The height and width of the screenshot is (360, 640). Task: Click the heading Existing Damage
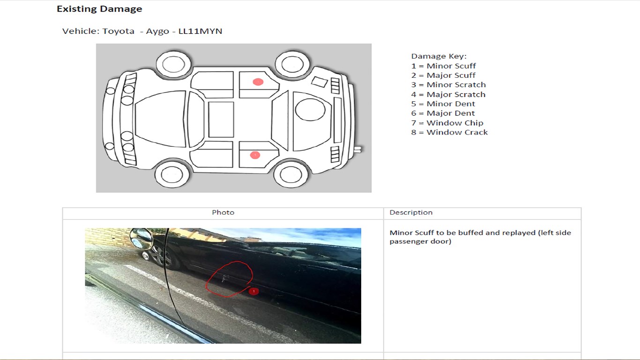pyautogui.click(x=99, y=9)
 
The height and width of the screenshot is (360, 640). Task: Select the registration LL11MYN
pyautogui.click(x=200, y=31)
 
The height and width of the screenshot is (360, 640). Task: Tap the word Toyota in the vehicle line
pyautogui.click(x=118, y=31)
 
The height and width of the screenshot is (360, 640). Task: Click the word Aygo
pyautogui.click(x=157, y=31)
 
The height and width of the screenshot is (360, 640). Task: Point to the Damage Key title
pyautogui.click(x=439, y=56)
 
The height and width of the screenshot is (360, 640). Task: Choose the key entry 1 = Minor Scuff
pyautogui.click(x=443, y=66)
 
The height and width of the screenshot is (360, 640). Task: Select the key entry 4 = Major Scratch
pyautogui.click(x=448, y=94)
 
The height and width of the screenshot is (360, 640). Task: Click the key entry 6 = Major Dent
pyautogui.click(x=443, y=113)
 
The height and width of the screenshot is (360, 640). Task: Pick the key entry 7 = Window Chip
pyautogui.click(x=447, y=123)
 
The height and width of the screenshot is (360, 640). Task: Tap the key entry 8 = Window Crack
pyautogui.click(x=449, y=132)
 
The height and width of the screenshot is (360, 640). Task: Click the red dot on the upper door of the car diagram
pyautogui.click(x=258, y=82)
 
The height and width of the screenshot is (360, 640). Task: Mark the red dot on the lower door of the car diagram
pyautogui.click(x=255, y=155)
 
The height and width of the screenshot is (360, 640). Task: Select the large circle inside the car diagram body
pyautogui.click(x=310, y=110)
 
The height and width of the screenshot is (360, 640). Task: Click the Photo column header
pyautogui.click(x=223, y=212)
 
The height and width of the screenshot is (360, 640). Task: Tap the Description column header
pyautogui.click(x=411, y=212)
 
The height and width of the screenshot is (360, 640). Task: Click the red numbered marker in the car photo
pyautogui.click(x=254, y=292)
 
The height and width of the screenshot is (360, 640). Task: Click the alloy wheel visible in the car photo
pyautogui.click(x=158, y=256)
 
